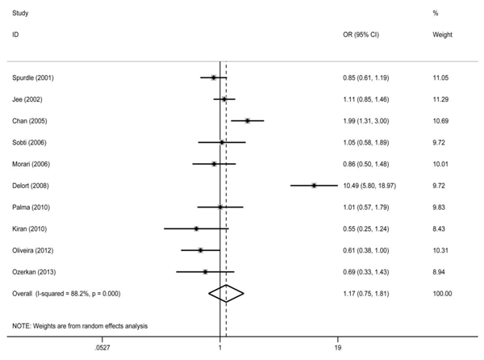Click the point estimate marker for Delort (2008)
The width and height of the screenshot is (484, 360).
coord(314,186)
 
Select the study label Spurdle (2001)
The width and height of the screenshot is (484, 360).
coord(33,77)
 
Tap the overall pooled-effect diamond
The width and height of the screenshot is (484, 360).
coord(226,293)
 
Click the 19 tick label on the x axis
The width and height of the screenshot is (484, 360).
coord(338,348)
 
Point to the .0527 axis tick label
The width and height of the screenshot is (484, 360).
coord(102,348)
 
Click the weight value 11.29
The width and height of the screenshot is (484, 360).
coord(440,99)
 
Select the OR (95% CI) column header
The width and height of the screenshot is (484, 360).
coord(361,35)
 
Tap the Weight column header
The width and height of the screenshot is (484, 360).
coord(442,35)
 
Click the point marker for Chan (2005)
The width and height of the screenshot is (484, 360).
coord(248,121)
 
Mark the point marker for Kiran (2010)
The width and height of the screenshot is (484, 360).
coord(196,228)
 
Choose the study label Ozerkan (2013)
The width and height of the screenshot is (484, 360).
coord(34,272)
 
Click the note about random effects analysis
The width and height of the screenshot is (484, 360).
coord(80,326)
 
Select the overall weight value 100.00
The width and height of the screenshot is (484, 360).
coord(442,294)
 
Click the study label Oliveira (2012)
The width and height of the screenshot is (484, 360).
coord(33,250)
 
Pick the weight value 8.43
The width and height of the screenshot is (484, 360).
coord(439,228)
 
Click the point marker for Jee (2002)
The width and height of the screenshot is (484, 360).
coord(224,99)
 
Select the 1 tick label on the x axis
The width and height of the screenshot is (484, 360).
coord(220,348)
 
